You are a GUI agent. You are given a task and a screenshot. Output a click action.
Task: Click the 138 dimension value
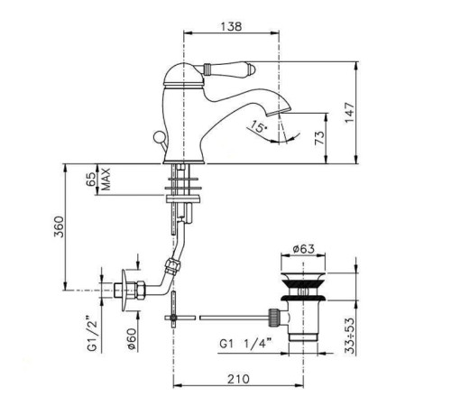point(231,26)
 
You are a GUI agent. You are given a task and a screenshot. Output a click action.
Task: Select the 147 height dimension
point(349,113)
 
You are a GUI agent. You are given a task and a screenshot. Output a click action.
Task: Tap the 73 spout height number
point(320,138)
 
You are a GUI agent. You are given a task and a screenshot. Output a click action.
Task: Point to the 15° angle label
point(259,126)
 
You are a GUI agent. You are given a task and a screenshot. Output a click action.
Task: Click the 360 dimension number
point(60,226)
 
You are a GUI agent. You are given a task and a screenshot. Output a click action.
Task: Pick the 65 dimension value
point(92,179)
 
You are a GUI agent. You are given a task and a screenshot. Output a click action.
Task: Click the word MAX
point(106,180)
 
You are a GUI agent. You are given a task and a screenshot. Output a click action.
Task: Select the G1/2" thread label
point(93,333)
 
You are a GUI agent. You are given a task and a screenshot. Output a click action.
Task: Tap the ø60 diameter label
point(133,338)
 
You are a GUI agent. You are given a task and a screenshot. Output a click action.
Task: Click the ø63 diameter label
point(303,249)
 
